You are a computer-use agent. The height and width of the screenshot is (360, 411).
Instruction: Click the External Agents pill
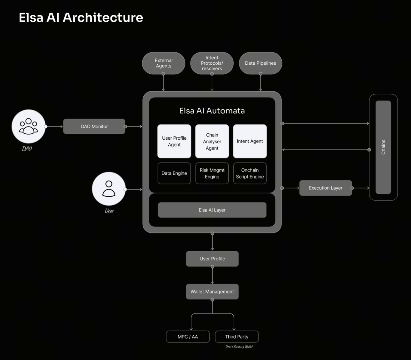(x=163, y=63)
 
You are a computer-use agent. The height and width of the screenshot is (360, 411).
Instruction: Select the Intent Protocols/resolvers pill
(x=212, y=63)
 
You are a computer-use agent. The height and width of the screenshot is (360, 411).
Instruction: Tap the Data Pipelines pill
(x=260, y=63)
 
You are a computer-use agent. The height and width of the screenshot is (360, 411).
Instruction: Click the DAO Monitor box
(x=94, y=127)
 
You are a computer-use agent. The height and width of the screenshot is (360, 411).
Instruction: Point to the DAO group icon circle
(x=28, y=126)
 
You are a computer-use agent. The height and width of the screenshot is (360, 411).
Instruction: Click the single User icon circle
(x=109, y=189)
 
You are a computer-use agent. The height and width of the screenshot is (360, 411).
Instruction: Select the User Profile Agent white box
(x=174, y=141)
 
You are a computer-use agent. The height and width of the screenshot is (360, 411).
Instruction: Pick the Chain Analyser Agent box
(x=212, y=141)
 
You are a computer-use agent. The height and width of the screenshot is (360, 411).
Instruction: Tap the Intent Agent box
(x=250, y=141)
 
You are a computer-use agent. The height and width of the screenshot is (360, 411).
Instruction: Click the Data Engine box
(x=174, y=173)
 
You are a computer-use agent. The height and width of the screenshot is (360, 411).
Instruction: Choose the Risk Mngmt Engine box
(x=212, y=173)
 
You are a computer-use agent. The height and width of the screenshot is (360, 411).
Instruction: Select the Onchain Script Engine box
(x=250, y=173)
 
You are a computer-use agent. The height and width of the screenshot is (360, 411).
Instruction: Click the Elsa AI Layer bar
(x=212, y=210)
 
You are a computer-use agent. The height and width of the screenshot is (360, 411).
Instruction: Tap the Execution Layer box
(x=325, y=188)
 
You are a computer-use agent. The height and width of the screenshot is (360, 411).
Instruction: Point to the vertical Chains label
(x=383, y=147)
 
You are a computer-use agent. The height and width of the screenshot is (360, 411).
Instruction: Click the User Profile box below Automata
(x=212, y=259)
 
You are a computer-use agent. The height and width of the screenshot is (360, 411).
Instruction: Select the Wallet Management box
(x=212, y=292)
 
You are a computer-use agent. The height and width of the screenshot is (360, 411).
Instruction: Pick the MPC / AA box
(x=188, y=337)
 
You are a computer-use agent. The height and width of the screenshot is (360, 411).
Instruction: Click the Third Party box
(x=237, y=337)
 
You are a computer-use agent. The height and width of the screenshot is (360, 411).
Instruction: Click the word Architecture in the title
(x=103, y=17)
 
